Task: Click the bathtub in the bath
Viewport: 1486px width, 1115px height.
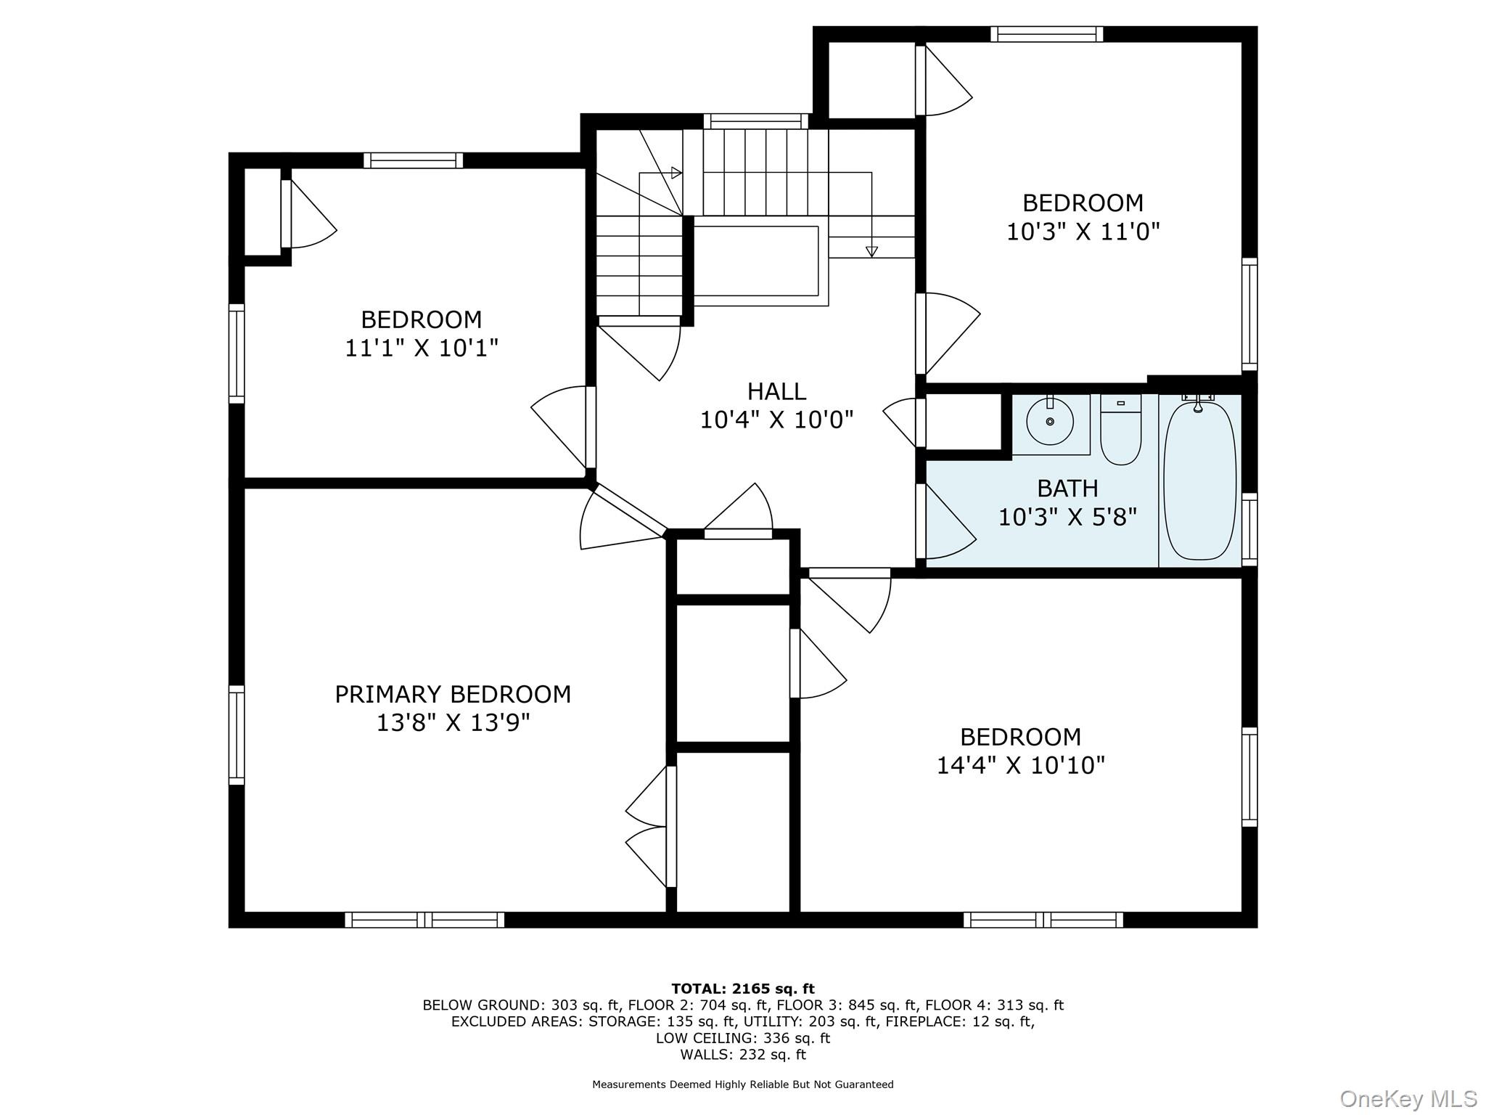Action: point(1199,481)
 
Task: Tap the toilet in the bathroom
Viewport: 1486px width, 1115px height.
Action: point(1120,429)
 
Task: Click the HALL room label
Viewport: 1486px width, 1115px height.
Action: point(776,391)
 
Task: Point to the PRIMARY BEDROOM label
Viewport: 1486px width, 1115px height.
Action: point(453,695)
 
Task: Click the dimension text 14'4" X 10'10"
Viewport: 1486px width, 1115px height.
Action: point(1020,765)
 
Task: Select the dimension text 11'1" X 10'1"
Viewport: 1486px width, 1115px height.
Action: point(422,348)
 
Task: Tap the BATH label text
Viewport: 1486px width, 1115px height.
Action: point(1067,488)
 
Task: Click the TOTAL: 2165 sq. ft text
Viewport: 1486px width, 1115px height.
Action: point(743,989)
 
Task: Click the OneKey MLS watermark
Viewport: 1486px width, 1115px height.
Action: point(1408,1099)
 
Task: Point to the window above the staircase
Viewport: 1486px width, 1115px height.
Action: point(755,121)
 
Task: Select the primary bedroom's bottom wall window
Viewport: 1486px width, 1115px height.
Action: point(424,920)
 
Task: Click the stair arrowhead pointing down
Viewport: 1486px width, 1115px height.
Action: point(871,252)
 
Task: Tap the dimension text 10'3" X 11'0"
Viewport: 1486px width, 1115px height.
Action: point(1083,232)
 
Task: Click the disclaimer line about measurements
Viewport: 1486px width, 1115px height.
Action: point(743,1085)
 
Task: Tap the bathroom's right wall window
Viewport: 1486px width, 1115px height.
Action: point(1249,529)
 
